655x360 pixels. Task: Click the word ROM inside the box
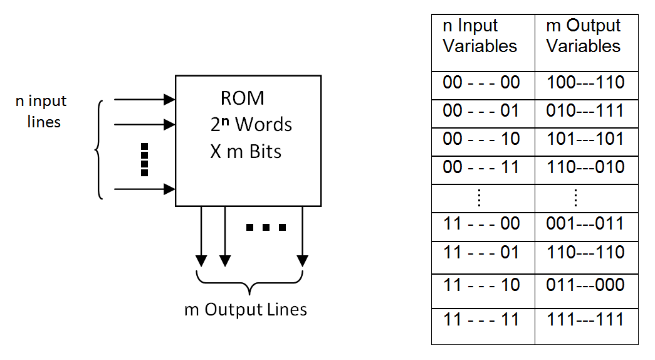(x=243, y=98)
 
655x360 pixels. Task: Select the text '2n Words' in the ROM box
(x=251, y=124)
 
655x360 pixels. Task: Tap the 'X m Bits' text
(x=246, y=151)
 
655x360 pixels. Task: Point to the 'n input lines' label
(x=42, y=111)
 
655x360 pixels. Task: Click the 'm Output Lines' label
(x=246, y=309)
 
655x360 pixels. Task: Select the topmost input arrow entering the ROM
(x=144, y=99)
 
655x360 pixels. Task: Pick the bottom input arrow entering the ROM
(x=144, y=188)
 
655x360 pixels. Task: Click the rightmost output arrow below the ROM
(x=302, y=235)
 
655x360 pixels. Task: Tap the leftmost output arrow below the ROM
(x=201, y=235)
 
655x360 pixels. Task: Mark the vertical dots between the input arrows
(x=144, y=159)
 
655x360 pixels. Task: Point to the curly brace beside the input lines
(x=98, y=149)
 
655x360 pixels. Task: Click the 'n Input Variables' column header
(x=480, y=36)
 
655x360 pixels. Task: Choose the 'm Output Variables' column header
(x=583, y=36)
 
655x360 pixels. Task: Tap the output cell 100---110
(x=585, y=83)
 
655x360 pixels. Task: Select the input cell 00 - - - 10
(x=481, y=139)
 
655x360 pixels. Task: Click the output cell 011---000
(x=585, y=285)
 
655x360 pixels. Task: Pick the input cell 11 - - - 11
(x=481, y=320)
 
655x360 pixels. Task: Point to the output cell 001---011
(x=585, y=224)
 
